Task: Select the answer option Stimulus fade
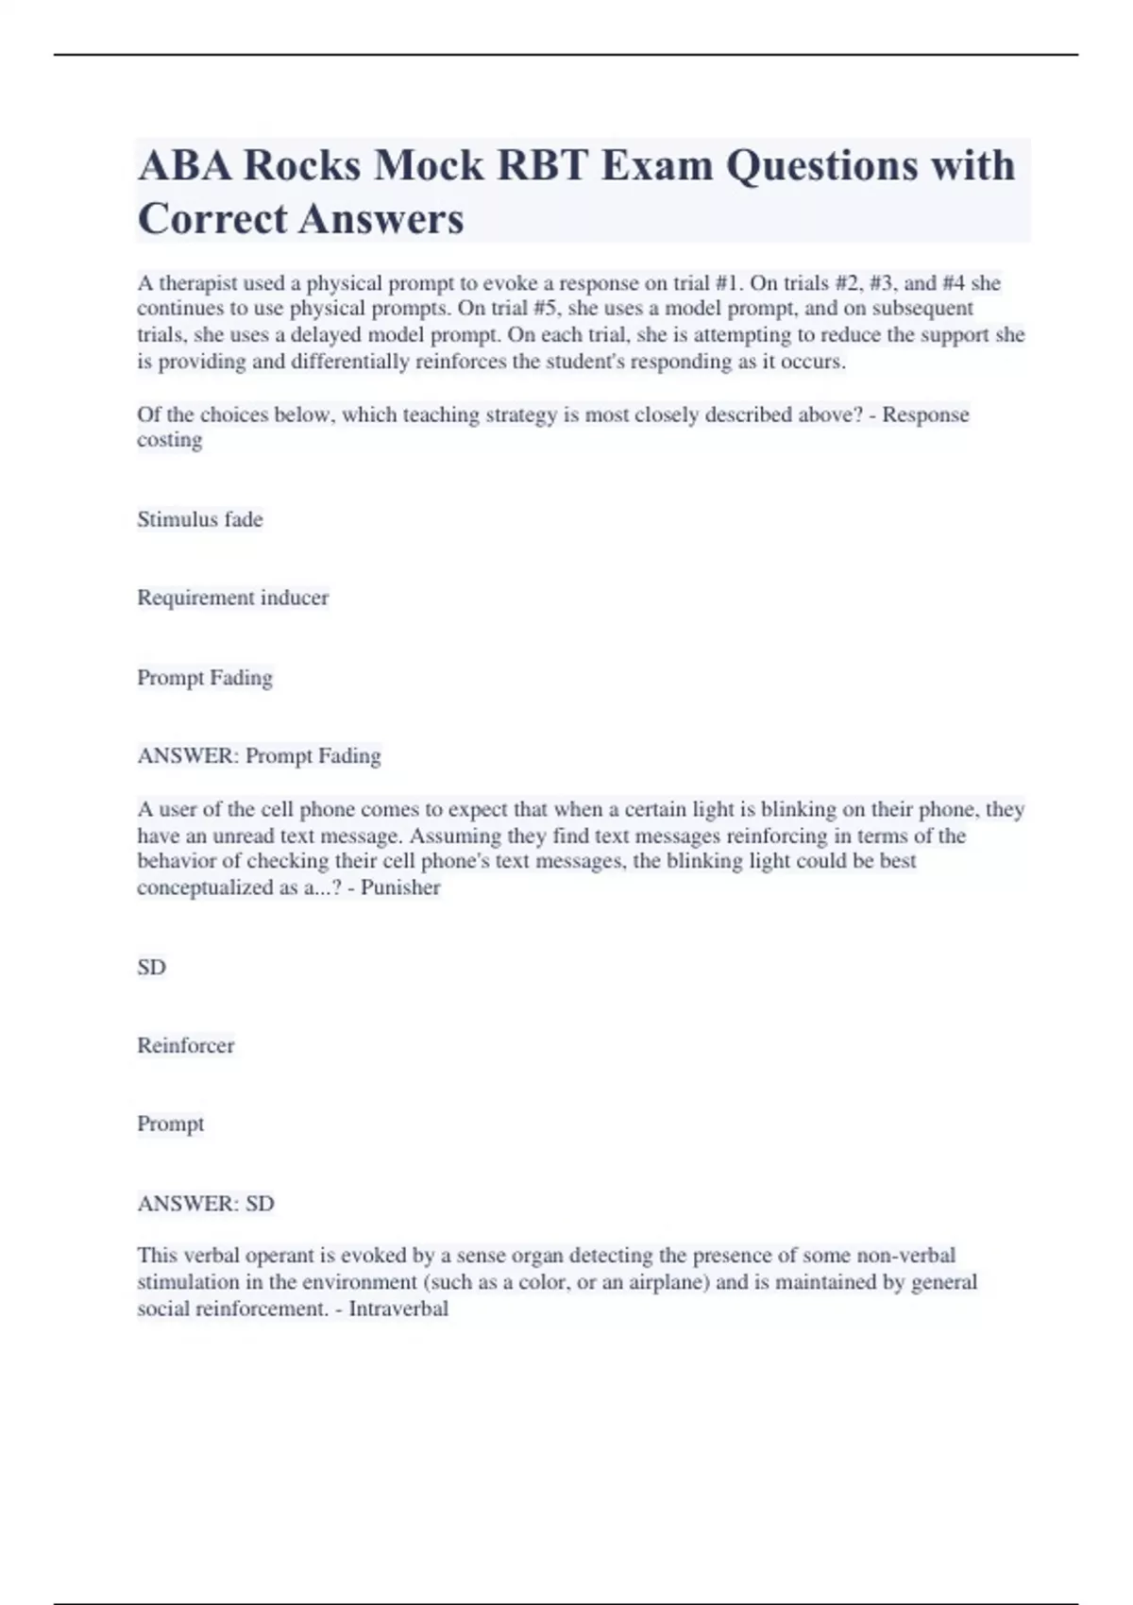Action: (200, 519)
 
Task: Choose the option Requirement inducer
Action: (233, 598)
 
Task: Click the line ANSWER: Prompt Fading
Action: (260, 756)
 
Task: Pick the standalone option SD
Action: (151, 967)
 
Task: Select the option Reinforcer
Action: (186, 1045)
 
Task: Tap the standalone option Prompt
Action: (171, 1123)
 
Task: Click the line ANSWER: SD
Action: (206, 1204)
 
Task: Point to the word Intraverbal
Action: (398, 1309)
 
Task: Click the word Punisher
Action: (400, 887)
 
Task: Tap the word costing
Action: (170, 440)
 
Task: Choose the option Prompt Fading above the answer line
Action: (205, 678)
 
